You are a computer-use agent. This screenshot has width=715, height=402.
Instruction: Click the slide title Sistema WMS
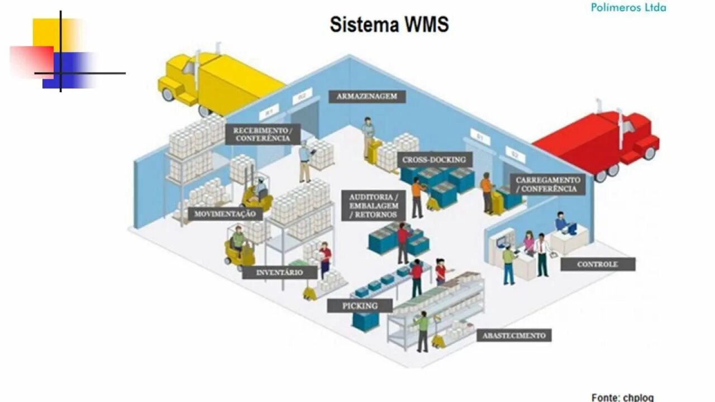[389, 25]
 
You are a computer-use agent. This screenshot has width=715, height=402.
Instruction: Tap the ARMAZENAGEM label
[366, 96]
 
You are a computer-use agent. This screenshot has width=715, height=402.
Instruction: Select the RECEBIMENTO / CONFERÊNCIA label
[263, 134]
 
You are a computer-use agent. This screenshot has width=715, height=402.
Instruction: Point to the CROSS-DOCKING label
[434, 160]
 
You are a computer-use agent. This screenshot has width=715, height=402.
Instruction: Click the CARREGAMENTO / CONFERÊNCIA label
[547, 184]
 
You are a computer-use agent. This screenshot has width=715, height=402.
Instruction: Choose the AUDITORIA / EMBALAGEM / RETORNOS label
[374, 205]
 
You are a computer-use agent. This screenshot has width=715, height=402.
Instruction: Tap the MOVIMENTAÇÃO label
[225, 214]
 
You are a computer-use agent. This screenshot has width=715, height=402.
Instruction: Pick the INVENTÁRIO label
[279, 272]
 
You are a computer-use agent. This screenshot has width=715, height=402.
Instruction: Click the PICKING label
[360, 305]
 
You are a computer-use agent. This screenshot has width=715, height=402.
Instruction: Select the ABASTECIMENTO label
[514, 336]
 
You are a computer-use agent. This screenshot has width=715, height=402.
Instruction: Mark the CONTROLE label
[598, 264]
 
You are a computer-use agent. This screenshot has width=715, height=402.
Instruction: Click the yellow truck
[218, 81]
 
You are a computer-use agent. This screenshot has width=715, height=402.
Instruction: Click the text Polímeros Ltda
[628, 7]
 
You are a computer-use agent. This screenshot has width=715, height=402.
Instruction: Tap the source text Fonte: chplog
[622, 397]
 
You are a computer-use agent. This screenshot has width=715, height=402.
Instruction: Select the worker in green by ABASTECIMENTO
[422, 331]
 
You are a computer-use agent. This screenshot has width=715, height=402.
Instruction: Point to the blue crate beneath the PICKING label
[366, 321]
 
